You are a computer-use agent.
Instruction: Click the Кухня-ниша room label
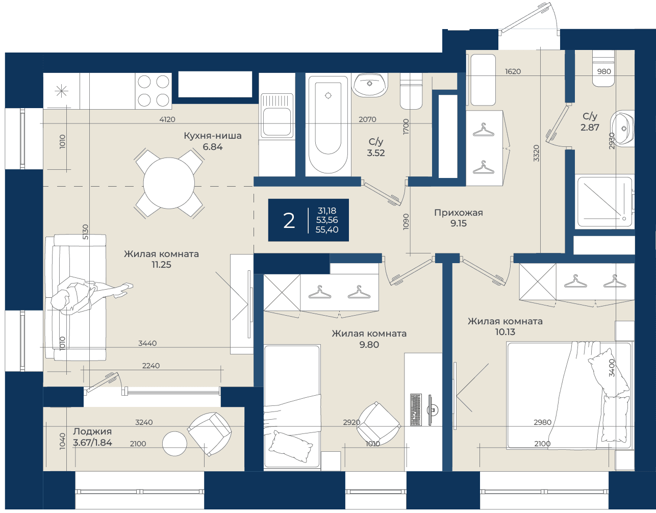(213, 136)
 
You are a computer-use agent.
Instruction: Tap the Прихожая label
(458, 213)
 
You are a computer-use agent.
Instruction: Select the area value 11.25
(161, 265)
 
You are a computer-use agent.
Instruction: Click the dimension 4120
(167, 119)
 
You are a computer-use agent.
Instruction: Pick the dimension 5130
(86, 232)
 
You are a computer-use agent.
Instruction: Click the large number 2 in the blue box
(289, 221)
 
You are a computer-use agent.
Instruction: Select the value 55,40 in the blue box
(326, 229)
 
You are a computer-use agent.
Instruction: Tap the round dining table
(169, 183)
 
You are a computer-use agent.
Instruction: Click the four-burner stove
(154, 91)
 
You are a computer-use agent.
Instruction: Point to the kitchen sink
(277, 116)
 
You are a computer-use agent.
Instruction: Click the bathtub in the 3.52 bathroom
(328, 124)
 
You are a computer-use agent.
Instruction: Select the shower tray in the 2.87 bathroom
(604, 202)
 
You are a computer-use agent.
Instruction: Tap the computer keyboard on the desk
(416, 409)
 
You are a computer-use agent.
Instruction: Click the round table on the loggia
(174, 444)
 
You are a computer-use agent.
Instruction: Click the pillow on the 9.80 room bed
(291, 446)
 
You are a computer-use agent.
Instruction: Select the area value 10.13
(505, 332)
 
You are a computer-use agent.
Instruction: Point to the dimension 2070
(367, 119)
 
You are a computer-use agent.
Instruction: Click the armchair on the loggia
(209, 433)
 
